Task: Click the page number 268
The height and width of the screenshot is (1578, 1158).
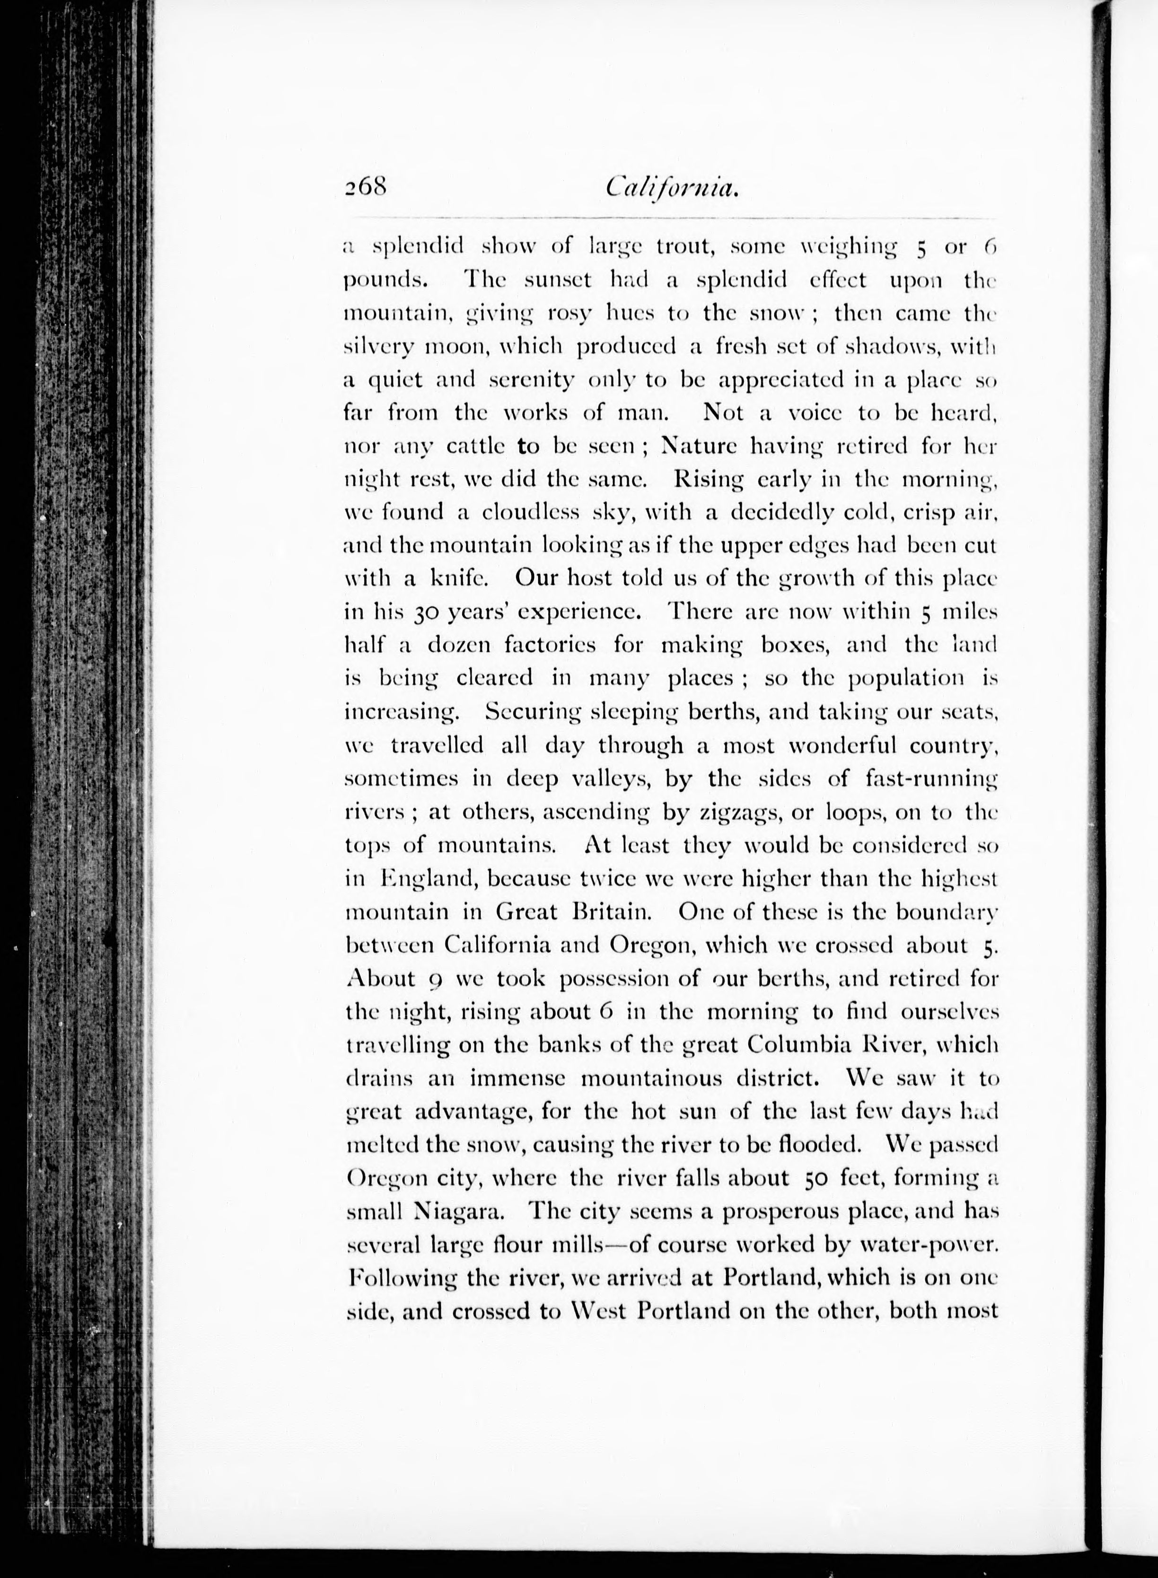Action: click(365, 188)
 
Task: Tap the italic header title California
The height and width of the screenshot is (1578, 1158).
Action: click(672, 188)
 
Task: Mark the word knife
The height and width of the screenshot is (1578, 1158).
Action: click(454, 579)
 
